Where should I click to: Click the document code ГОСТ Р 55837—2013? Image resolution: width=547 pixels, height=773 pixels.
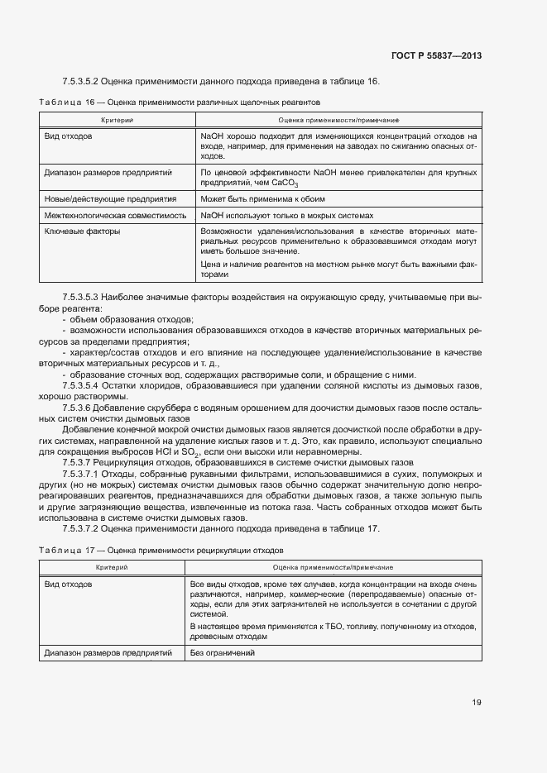[x=435, y=56]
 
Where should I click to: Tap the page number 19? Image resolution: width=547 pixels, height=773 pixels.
[x=477, y=703]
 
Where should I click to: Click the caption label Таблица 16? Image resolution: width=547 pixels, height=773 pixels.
[x=68, y=103]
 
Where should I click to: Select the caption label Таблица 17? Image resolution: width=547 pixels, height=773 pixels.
[x=68, y=550]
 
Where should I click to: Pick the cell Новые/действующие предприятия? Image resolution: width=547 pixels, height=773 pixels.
[x=110, y=199]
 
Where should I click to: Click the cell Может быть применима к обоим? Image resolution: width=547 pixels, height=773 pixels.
[x=262, y=199]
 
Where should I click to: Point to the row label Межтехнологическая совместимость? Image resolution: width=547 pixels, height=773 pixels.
[x=115, y=214]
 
